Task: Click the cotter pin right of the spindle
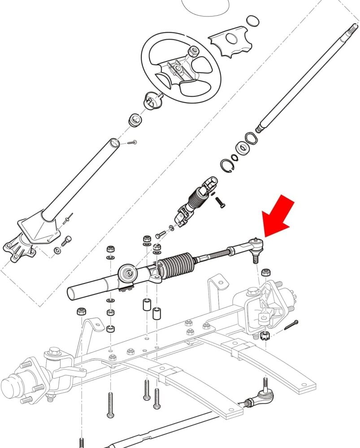(291, 324)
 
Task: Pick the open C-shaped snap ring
(229, 166)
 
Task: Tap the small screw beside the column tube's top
(131, 142)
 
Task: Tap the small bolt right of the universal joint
(220, 202)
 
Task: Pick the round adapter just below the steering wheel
(152, 100)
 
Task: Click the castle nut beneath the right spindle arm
(264, 336)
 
